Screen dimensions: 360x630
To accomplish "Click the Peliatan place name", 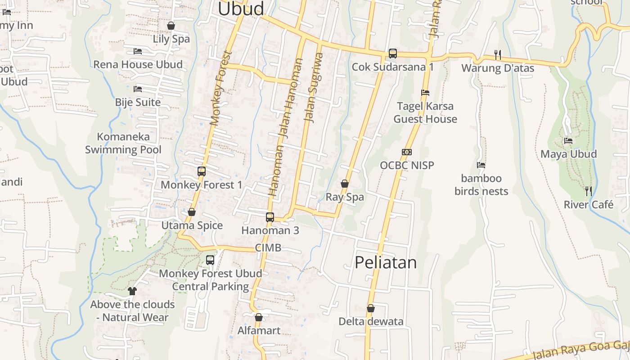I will [386, 262].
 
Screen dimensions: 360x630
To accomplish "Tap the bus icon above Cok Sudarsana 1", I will [392, 54].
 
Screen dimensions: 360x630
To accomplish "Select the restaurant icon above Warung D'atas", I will [497, 54].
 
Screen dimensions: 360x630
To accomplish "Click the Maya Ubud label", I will [568, 154].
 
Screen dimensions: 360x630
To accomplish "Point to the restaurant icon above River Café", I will [588, 191].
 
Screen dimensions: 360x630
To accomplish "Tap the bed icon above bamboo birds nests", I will [481, 165].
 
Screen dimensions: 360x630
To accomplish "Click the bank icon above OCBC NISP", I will [407, 152].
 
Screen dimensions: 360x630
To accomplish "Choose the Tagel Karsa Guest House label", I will [425, 112].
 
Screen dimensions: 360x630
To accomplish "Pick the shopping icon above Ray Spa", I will [345, 184].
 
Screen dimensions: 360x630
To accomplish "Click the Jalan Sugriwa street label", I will [314, 88].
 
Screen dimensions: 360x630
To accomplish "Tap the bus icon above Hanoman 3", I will [270, 217].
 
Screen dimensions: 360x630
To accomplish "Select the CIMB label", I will [268, 247].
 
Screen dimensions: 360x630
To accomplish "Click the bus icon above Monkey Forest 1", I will [201, 171].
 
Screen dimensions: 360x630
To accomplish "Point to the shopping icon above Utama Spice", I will [192, 212].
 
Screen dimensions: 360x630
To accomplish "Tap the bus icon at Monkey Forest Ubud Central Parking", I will [210, 260].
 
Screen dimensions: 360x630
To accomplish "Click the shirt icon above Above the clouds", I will [132, 291].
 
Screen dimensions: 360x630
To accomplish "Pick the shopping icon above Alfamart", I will [259, 317].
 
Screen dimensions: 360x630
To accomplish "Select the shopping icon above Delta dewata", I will [371, 308].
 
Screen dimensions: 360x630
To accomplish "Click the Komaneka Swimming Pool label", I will [123, 143].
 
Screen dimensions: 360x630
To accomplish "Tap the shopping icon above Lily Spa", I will [171, 26].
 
